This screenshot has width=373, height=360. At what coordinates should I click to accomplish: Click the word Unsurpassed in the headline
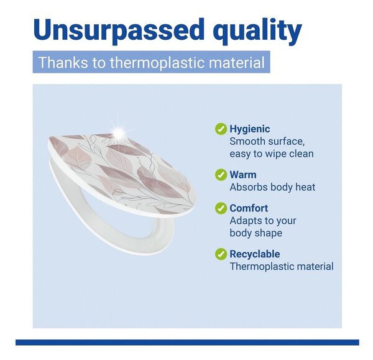click(x=119, y=30)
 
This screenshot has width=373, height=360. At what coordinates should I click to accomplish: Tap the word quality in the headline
click(x=257, y=31)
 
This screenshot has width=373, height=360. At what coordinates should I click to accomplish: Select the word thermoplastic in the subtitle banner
click(x=157, y=62)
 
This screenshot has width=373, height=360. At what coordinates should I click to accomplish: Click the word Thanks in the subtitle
click(x=63, y=62)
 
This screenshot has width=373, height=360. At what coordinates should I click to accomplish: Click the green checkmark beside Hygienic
click(x=221, y=129)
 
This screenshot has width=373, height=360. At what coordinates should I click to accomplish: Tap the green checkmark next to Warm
click(x=221, y=175)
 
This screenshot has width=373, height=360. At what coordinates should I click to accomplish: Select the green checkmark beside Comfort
click(x=221, y=208)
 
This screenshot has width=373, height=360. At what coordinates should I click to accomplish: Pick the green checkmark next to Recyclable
click(x=221, y=254)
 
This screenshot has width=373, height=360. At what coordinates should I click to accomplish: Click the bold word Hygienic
click(x=250, y=129)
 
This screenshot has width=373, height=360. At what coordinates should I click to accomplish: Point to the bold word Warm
click(x=243, y=175)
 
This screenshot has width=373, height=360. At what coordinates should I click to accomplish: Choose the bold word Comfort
click(x=249, y=208)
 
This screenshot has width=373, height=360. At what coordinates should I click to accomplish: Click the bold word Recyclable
click(x=254, y=254)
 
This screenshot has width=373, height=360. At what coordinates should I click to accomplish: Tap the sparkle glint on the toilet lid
click(x=119, y=132)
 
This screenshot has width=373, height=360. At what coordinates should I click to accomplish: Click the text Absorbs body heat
click(x=272, y=187)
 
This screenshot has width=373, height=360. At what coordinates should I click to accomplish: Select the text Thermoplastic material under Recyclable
click(x=282, y=267)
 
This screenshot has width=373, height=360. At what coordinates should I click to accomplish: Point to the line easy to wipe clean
click(x=272, y=154)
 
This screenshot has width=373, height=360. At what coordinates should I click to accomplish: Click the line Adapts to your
click(x=263, y=221)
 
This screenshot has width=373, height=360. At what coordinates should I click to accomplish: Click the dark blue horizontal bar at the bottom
click(x=187, y=342)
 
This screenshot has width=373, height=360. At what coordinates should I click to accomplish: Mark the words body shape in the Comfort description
click(x=256, y=233)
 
